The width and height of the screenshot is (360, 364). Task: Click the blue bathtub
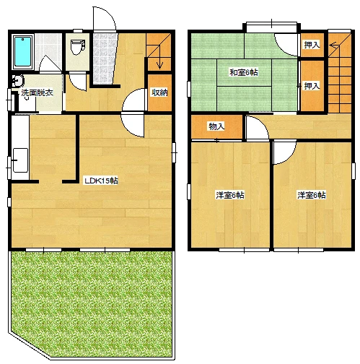pos(23,51)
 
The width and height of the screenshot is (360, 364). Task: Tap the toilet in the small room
pos(77,47)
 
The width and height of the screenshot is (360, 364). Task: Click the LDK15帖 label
pos(101,181)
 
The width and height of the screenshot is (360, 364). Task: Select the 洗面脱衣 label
pos(38,92)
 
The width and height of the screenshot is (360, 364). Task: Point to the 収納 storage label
pos(159,92)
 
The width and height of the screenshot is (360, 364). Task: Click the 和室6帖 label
pos(243,72)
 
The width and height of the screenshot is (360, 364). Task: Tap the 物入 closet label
pos(216,126)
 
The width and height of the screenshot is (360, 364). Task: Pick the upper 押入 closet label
pos(312,45)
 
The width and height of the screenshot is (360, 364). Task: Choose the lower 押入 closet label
pos(312,86)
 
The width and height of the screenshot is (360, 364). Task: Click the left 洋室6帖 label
pos(230,195)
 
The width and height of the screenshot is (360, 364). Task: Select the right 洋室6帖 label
pos(312,195)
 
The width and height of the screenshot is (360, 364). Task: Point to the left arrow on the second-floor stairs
pos(334,45)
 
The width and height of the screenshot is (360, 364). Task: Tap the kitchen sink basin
pos(20,160)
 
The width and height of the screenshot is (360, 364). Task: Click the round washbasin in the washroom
pos(18,81)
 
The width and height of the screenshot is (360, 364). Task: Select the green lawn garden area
pos(92,303)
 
